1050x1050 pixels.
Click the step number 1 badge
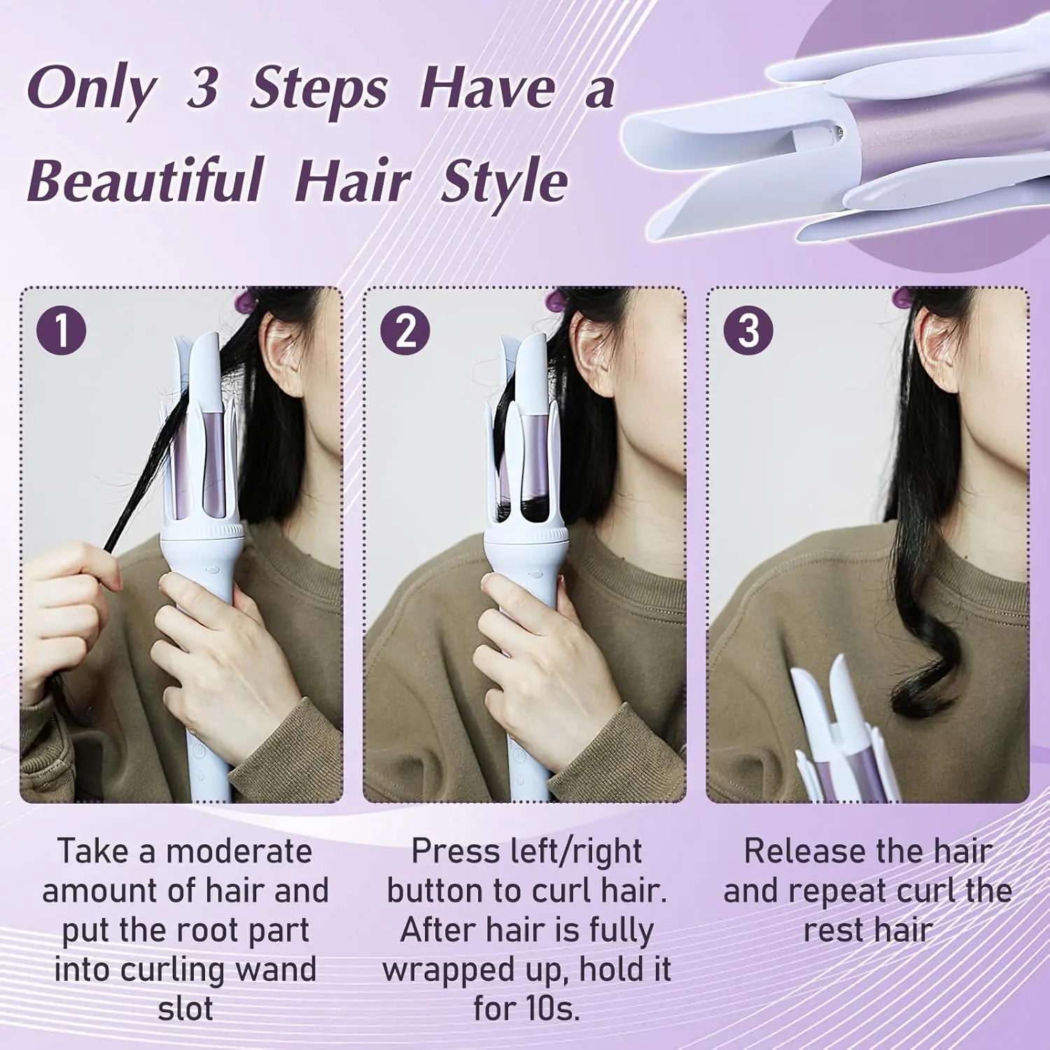pos(62,330)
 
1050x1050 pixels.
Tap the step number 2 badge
pos(405,330)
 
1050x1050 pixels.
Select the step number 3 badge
pos(748,330)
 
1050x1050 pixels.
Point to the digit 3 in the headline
pos(202,87)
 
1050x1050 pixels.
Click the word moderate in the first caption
pos(239,852)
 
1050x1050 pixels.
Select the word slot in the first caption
pos(185,1009)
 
